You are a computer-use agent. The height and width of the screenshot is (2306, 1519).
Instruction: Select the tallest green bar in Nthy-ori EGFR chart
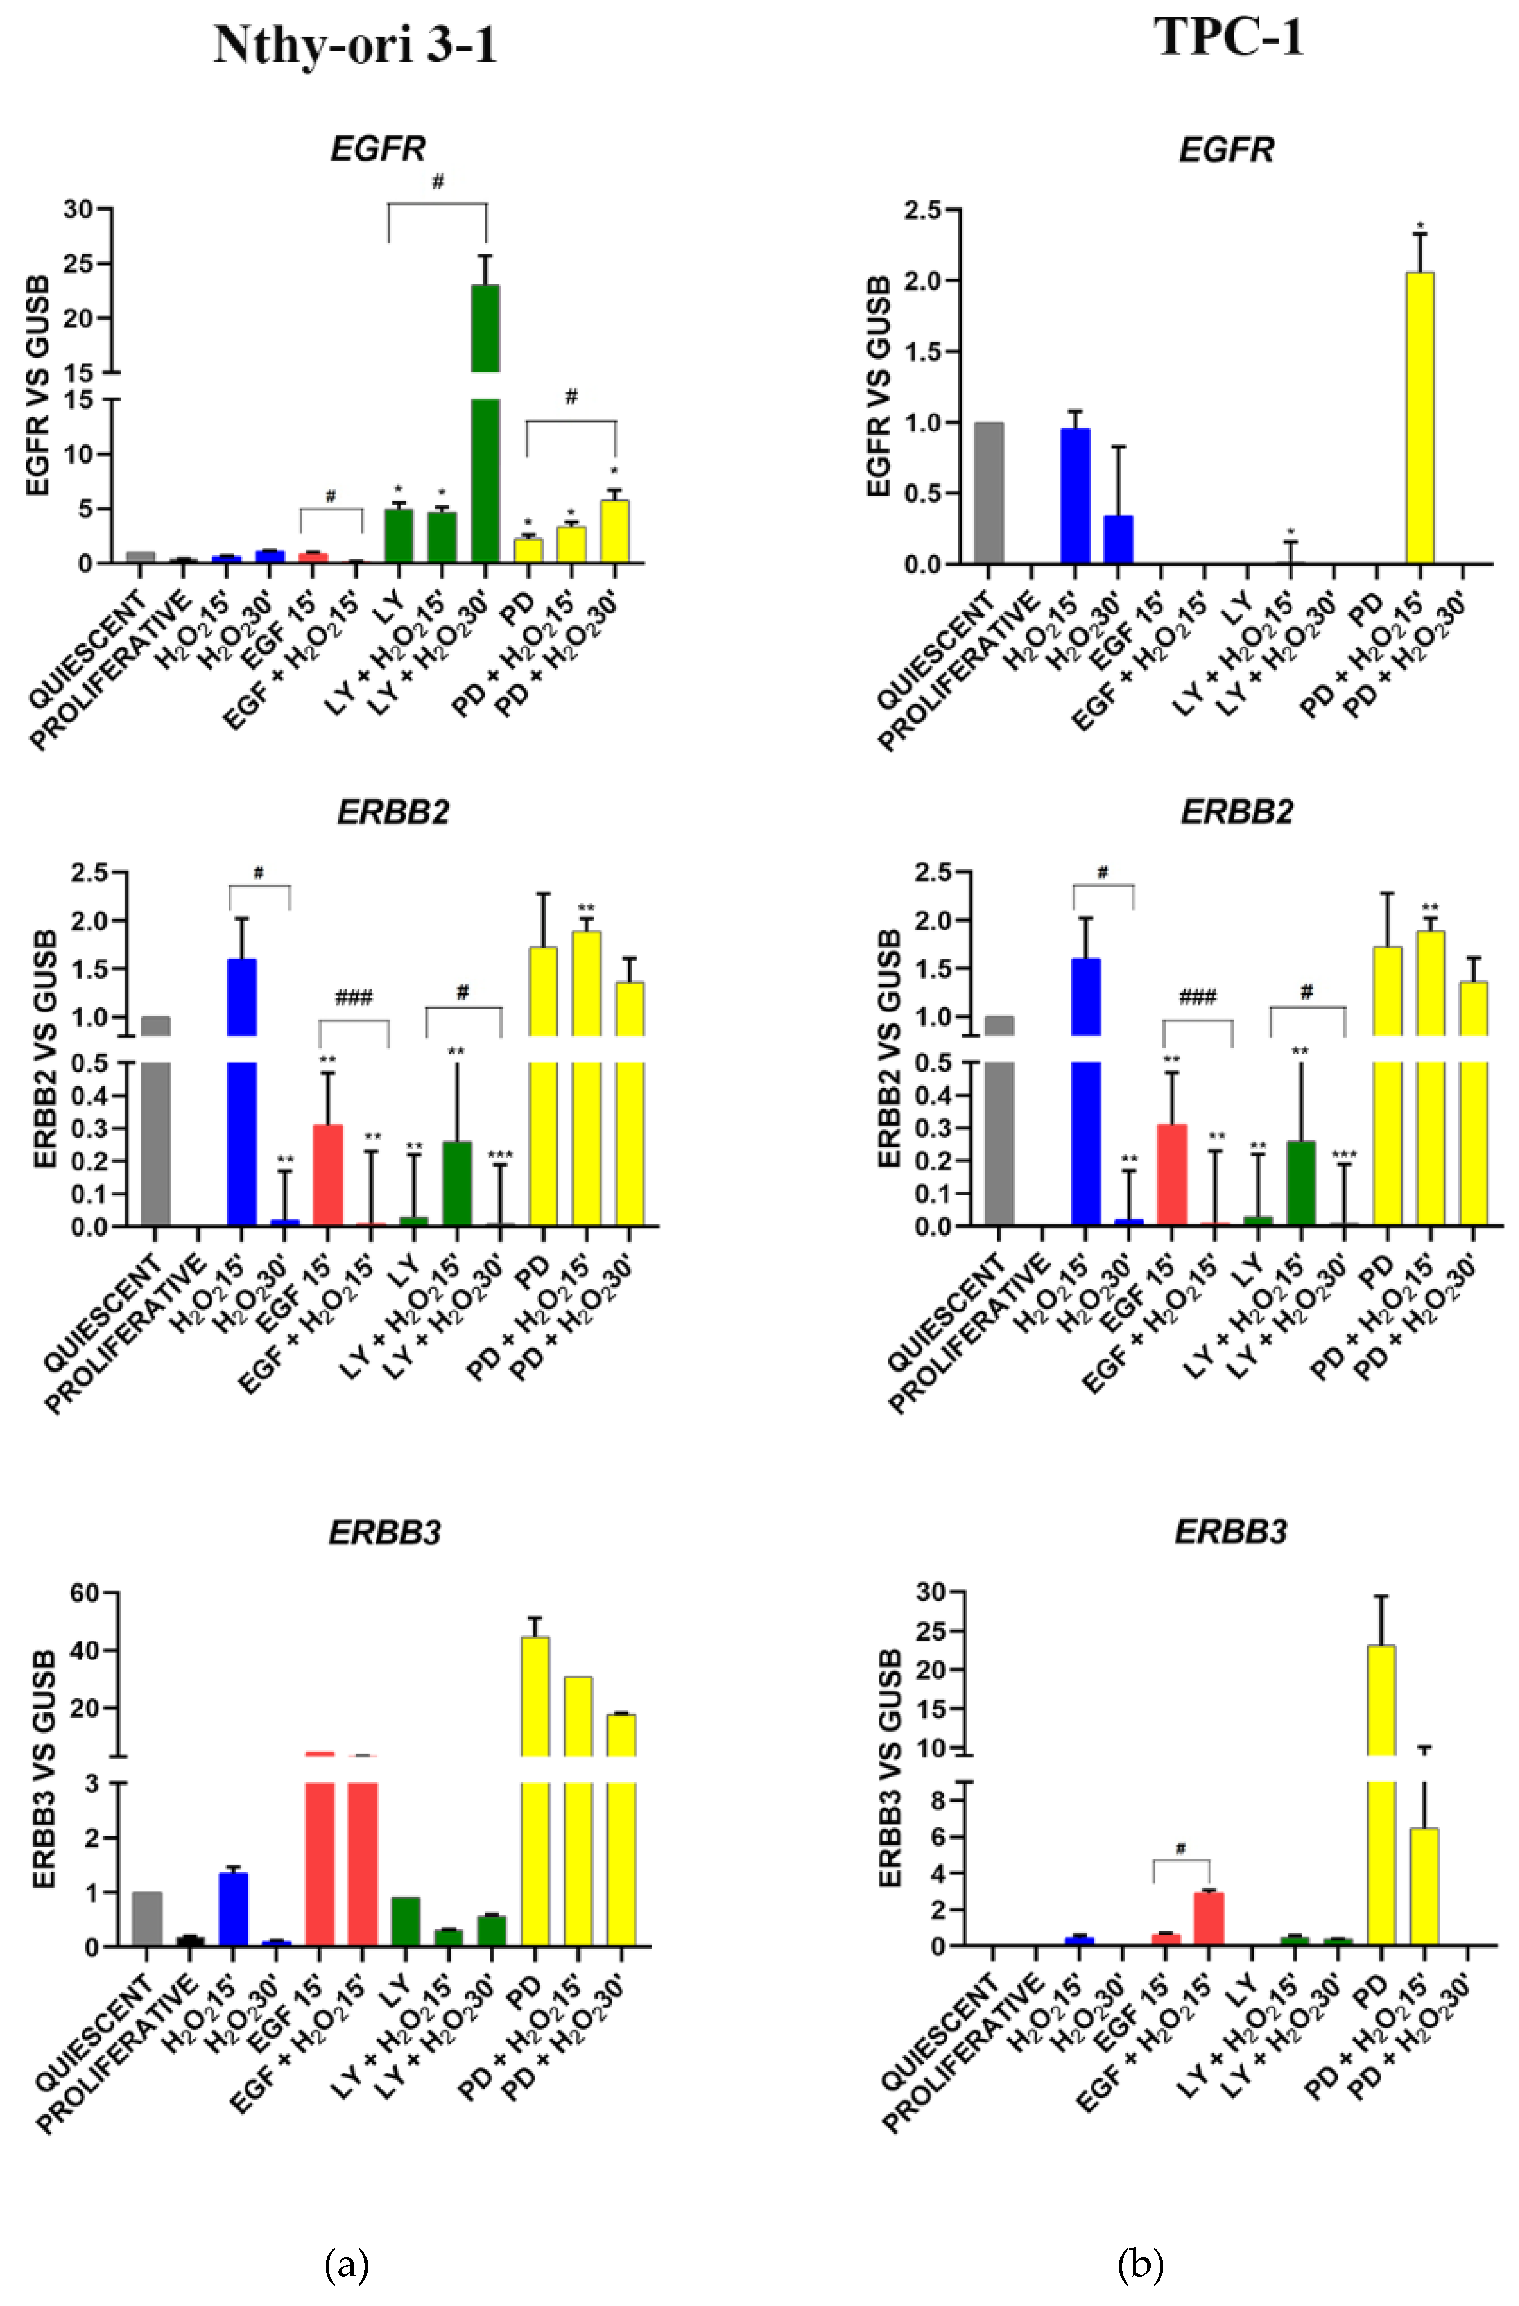pyautogui.click(x=485, y=436)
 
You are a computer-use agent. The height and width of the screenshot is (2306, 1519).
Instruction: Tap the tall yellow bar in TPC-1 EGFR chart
pyautogui.click(x=1419, y=416)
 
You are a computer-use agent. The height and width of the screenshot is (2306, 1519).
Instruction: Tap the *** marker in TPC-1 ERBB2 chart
pyautogui.click(x=1345, y=1155)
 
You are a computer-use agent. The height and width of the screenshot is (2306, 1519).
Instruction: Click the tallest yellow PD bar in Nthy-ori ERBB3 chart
pyautogui.click(x=535, y=1792)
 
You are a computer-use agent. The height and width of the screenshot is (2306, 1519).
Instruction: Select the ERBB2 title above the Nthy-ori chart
pyautogui.click(x=393, y=812)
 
